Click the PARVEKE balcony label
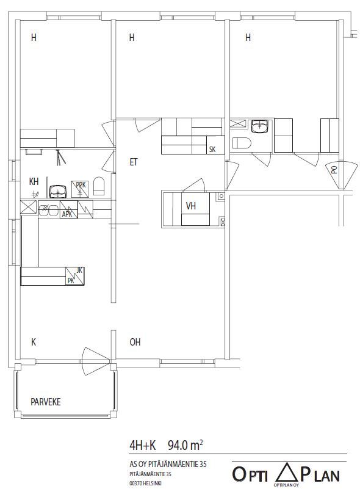click(x=46, y=402)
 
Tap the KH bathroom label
click(x=34, y=181)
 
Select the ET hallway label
click(x=134, y=162)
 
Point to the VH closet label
click(x=191, y=206)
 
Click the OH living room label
click(x=135, y=342)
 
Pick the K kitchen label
click(x=34, y=342)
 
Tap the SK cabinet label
click(x=212, y=149)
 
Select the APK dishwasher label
click(x=67, y=214)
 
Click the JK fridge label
click(x=80, y=270)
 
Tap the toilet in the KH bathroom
click(x=99, y=186)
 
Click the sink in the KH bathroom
click(x=58, y=190)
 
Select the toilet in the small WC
click(x=242, y=143)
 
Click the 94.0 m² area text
click(x=185, y=445)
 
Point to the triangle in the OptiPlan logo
click(x=287, y=473)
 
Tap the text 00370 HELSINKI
click(x=146, y=484)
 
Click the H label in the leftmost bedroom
click(x=34, y=37)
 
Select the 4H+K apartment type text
click(x=142, y=446)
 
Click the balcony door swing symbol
click(x=96, y=361)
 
